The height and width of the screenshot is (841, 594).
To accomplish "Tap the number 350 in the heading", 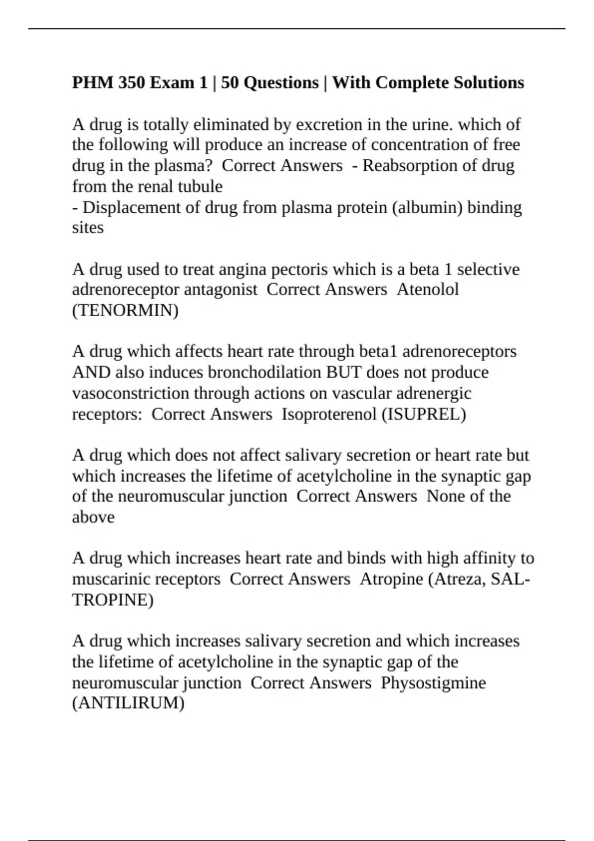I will point(132,83).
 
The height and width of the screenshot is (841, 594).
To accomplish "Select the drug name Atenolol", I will point(428,289).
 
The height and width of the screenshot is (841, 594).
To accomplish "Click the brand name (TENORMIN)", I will point(125,311).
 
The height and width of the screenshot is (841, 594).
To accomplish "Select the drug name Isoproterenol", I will point(329,414).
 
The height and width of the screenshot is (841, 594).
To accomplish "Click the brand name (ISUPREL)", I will point(424,414).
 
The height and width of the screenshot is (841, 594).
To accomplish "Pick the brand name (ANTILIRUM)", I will point(128,703).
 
